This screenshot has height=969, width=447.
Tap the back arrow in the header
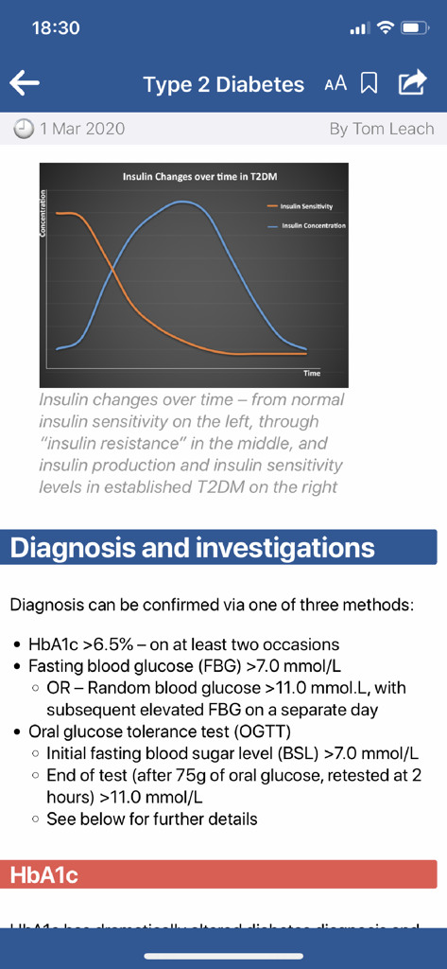pyautogui.click(x=25, y=83)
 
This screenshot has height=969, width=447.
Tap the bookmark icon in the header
pyautogui.click(x=370, y=84)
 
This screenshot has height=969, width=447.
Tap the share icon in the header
pyautogui.click(x=412, y=83)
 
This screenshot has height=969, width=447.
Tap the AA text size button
pyautogui.click(x=335, y=84)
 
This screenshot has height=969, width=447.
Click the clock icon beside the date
pyautogui.click(x=25, y=129)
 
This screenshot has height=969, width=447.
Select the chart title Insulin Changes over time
pyautogui.click(x=193, y=177)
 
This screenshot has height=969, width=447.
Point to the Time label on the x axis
pyautogui.click(x=312, y=373)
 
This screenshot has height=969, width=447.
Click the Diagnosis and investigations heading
pyautogui.click(x=193, y=547)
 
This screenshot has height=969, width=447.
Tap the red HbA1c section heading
pyautogui.click(x=43, y=875)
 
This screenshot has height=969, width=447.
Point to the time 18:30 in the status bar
pyautogui.click(x=56, y=28)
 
